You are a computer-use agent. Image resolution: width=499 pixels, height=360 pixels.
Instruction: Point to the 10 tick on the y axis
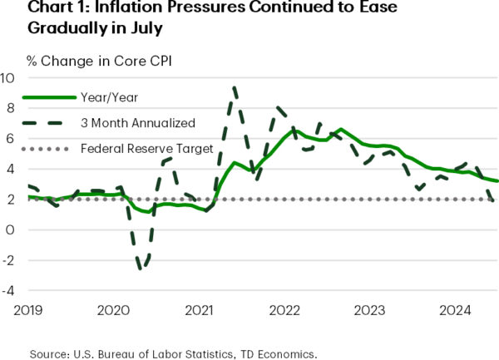pos(7,78)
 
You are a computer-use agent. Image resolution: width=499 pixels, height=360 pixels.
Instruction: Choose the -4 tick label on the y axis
pos(9,292)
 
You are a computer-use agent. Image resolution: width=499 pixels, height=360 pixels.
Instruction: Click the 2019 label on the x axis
pos(27,311)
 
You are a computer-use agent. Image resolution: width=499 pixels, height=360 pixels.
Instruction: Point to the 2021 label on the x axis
pos(199,311)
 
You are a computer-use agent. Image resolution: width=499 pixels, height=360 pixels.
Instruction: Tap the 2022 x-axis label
pos(284,311)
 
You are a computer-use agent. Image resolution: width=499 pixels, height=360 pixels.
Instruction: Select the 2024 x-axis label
pos(455,311)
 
